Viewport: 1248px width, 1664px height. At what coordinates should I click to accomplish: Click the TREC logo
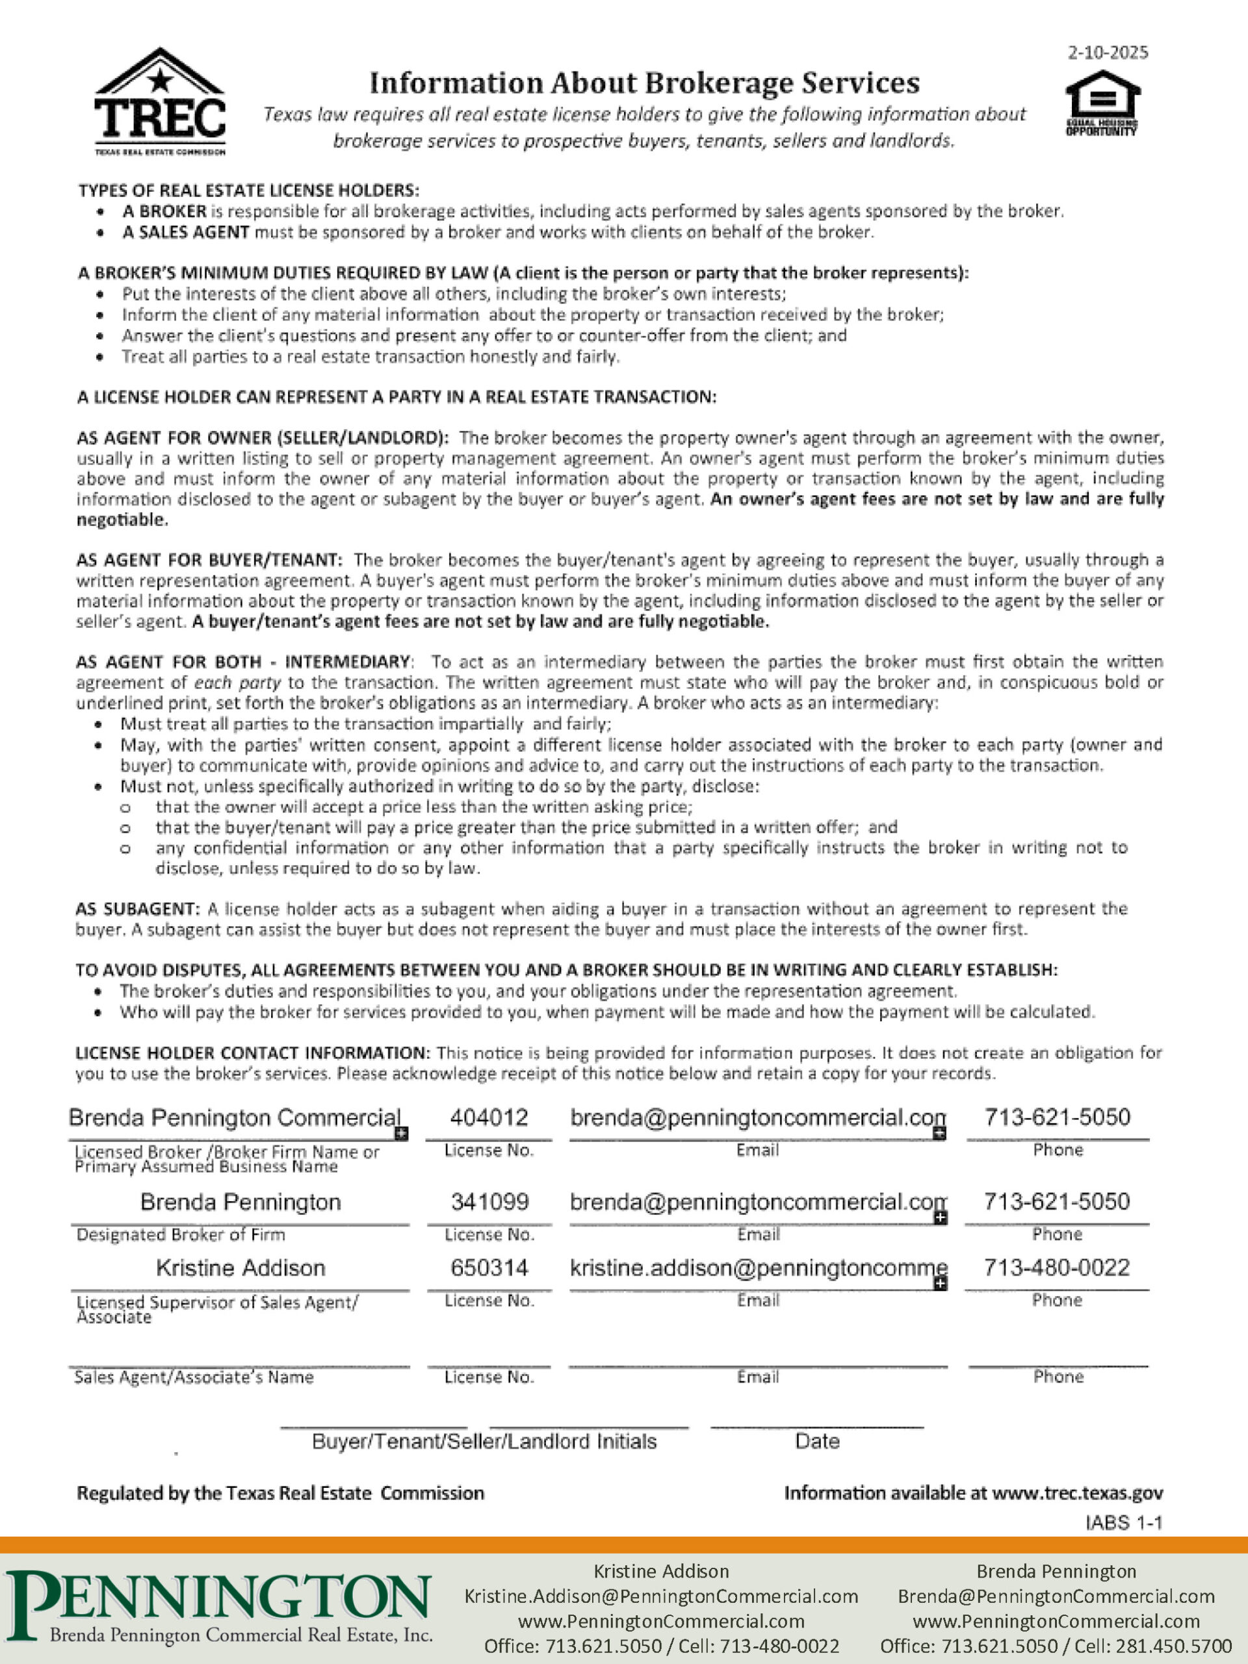point(159,101)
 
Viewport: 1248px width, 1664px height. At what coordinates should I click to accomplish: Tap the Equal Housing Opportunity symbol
point(1102,103)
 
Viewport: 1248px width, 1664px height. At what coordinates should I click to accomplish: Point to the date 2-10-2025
point(1108,53)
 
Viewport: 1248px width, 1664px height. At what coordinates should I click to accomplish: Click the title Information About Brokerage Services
point(644,83)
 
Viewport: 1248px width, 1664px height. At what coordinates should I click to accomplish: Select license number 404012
point(489,1118)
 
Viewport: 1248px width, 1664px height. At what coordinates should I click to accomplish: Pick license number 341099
point(489,1202)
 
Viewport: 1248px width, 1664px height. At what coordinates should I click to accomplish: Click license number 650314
point(489,1268)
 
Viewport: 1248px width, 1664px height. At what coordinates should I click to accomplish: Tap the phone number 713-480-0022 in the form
point(1057,1268)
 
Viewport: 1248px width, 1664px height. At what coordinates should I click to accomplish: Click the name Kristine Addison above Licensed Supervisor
point(240,1268)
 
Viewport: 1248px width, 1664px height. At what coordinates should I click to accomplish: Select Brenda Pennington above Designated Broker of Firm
point(240,1202)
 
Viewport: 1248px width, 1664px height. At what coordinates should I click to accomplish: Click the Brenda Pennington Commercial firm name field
point(234,1118)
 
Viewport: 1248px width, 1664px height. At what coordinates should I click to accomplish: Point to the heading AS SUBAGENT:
point(138,909)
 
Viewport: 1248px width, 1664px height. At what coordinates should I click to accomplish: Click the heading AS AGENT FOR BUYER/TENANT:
point(209,560)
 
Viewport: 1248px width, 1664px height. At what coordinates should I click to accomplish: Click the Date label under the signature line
point(817,1441)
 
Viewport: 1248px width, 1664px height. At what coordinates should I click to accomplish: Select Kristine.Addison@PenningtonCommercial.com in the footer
point(661,1596)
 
